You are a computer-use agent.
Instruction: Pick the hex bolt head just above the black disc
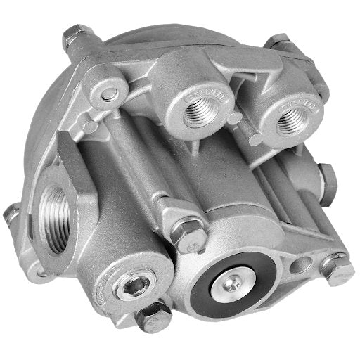click(188, 233)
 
